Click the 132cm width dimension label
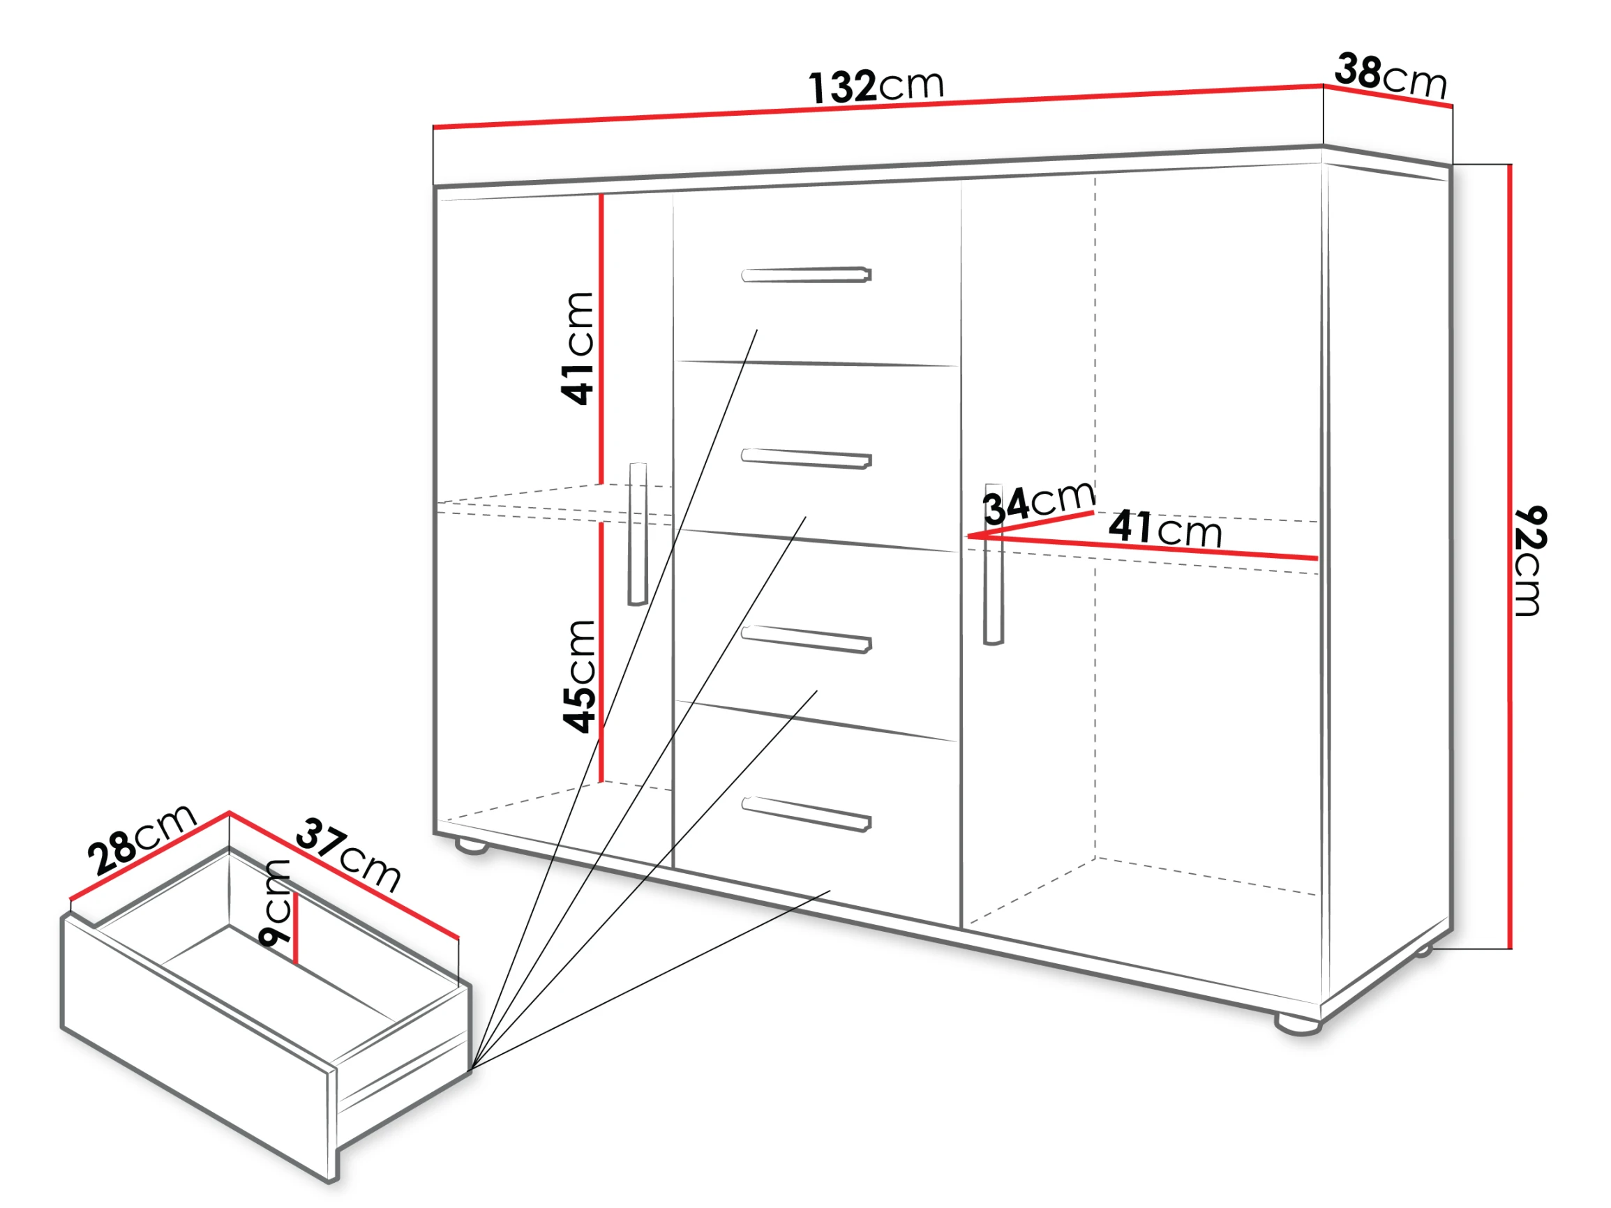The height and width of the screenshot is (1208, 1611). click(876, 86)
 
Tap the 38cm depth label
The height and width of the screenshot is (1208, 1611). click(1391, 76)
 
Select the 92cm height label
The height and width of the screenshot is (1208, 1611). click(1529, 561)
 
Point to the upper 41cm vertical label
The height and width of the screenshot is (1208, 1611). click(578, 348)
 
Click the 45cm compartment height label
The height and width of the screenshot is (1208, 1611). click(580, 677)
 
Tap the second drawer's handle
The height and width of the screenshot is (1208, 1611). click(807, 459)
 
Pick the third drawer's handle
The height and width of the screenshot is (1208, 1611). click(807, 640)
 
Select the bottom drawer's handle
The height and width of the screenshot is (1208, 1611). click(807, 814)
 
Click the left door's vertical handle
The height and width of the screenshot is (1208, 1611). click(638, 534)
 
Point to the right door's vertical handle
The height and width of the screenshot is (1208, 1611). click(994, 564)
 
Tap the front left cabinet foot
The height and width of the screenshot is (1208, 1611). click(472, 847)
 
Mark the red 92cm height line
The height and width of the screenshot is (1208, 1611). click(1510, 557)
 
